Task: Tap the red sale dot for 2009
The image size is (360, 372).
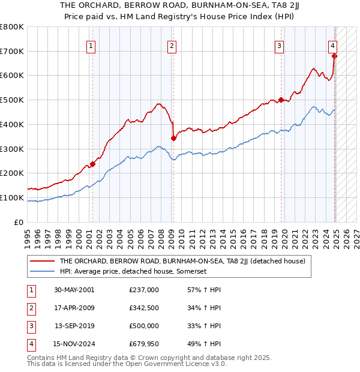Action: click(173, 138)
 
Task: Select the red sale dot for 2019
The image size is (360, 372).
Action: click(281, 100)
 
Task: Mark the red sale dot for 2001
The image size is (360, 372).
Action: click(93, 164)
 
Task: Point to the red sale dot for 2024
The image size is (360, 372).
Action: click(335, 56)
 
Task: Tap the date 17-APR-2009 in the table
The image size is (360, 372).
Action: click(74, 308)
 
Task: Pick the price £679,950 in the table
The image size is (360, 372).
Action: click(144, 344)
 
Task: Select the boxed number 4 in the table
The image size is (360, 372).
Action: click(30, 344)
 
